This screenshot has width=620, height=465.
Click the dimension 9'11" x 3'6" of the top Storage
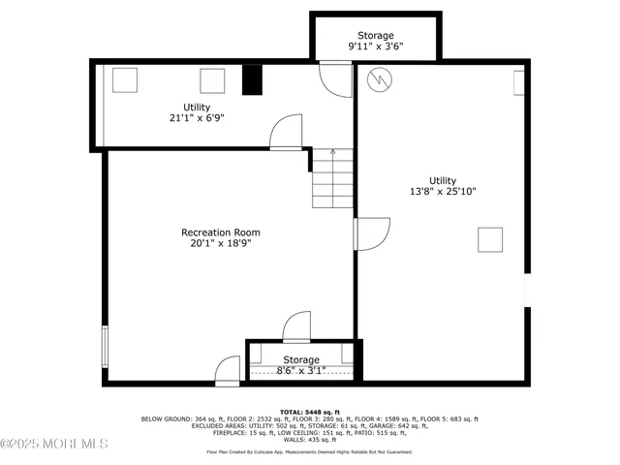[376, 46]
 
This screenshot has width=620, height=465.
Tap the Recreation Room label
[221, 232]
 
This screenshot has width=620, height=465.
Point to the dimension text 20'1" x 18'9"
[221, 245]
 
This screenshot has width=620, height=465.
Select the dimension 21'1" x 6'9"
[197, 118]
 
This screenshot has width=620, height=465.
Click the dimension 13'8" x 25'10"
[443, 192]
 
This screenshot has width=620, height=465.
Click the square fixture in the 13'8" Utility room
[490, 239]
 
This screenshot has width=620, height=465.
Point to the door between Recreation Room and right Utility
[370, 233]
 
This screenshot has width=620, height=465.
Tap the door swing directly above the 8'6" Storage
[295, 325]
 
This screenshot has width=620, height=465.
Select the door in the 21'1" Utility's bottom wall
[288, 133]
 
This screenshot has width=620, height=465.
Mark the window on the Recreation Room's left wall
[105, 346]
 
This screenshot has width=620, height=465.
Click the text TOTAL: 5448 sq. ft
[309, 412]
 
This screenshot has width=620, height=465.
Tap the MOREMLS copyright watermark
[53, 444]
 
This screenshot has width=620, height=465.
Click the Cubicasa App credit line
[309, 451]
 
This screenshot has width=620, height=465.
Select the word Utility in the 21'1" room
[197, 107]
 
